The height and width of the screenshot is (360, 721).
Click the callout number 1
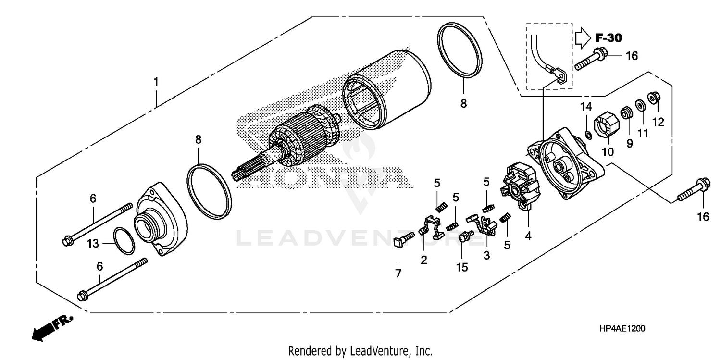156,82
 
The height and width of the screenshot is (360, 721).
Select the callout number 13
93,244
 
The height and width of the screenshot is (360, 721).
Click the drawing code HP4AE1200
622,328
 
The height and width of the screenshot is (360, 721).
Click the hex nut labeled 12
654,98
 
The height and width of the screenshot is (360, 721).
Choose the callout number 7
398,273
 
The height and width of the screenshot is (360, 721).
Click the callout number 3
486,256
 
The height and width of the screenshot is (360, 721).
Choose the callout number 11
643,133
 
